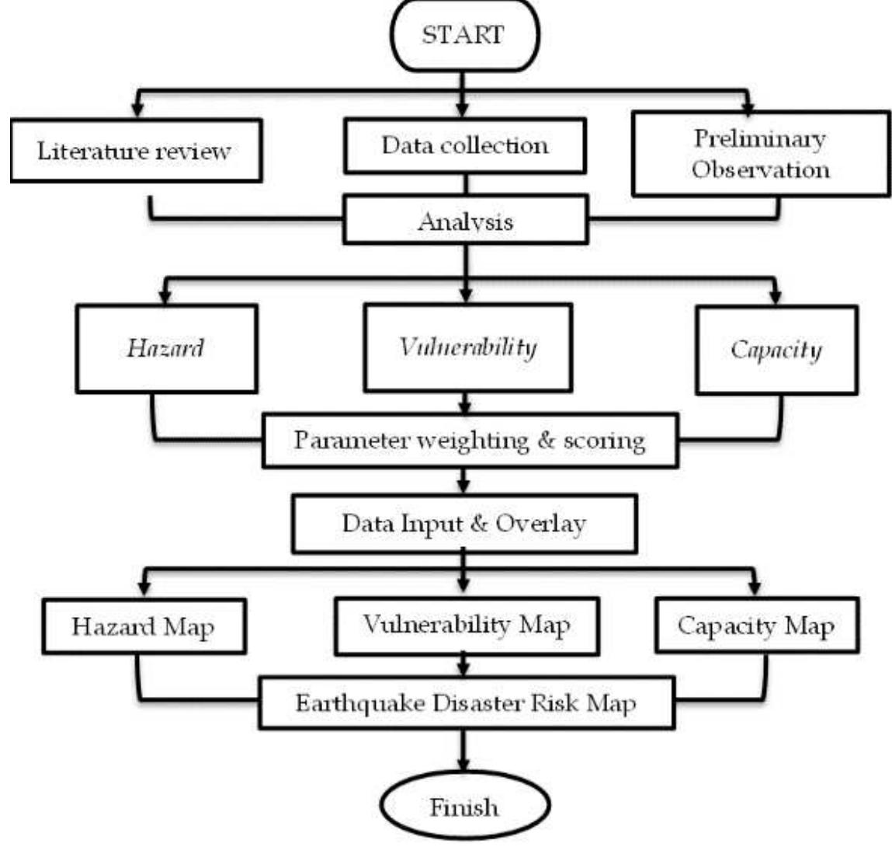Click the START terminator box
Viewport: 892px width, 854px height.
[x=463, y=35]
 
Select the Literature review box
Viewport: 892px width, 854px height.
[x=136, y=150]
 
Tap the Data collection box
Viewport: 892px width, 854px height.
[x=464, y=145]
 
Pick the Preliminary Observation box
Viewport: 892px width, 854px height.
[x=761, y=153]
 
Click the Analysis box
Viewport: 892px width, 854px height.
[x=465, y=221]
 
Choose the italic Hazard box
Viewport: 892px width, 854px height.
[x=166, y=347]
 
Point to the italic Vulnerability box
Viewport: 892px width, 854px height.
[x=467, y=347]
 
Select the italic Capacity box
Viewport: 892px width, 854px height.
[x=776, y=350]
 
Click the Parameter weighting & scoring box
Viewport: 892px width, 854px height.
[x=469, y=441]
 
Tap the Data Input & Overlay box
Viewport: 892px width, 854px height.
[x=464, y=523]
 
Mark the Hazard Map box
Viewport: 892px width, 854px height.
[x=144, y=626]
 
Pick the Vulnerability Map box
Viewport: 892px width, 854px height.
[x=467, y=625]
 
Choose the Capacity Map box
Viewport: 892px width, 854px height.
[x=756, y=625]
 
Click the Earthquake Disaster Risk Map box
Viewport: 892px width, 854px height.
[x=466, y=703]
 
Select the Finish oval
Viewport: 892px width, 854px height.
[x=464, y=806]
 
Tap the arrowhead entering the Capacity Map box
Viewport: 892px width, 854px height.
[x=752, y=587]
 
